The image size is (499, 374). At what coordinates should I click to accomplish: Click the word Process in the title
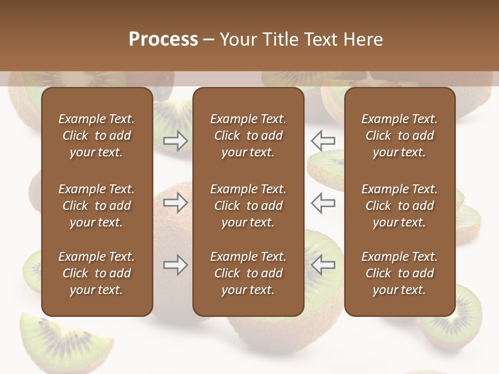[163, 39]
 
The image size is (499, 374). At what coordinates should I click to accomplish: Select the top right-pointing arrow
[175, 141]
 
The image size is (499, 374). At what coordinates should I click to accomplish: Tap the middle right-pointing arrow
[175, 203]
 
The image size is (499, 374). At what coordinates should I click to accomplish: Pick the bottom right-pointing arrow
[175, 265]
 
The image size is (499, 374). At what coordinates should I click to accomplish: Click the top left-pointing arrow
[323, 141]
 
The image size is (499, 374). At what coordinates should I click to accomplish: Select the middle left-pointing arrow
[323, 203]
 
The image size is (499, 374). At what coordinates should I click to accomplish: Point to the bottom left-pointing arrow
[323, 265]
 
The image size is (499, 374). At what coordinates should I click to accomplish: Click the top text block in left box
[97, 136]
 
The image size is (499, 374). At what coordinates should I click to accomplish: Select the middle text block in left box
[97, 206]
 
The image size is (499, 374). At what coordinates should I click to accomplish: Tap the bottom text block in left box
[97, 273]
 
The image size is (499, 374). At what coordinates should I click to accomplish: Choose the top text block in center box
[248, 136]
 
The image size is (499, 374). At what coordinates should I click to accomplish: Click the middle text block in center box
[248, 206]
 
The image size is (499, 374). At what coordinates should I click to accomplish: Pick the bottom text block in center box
[248, 273]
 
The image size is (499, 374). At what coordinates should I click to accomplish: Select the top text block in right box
[399, 136]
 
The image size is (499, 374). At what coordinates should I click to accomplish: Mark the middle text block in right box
[399, 206]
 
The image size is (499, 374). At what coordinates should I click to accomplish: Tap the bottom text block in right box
[399, 273]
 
